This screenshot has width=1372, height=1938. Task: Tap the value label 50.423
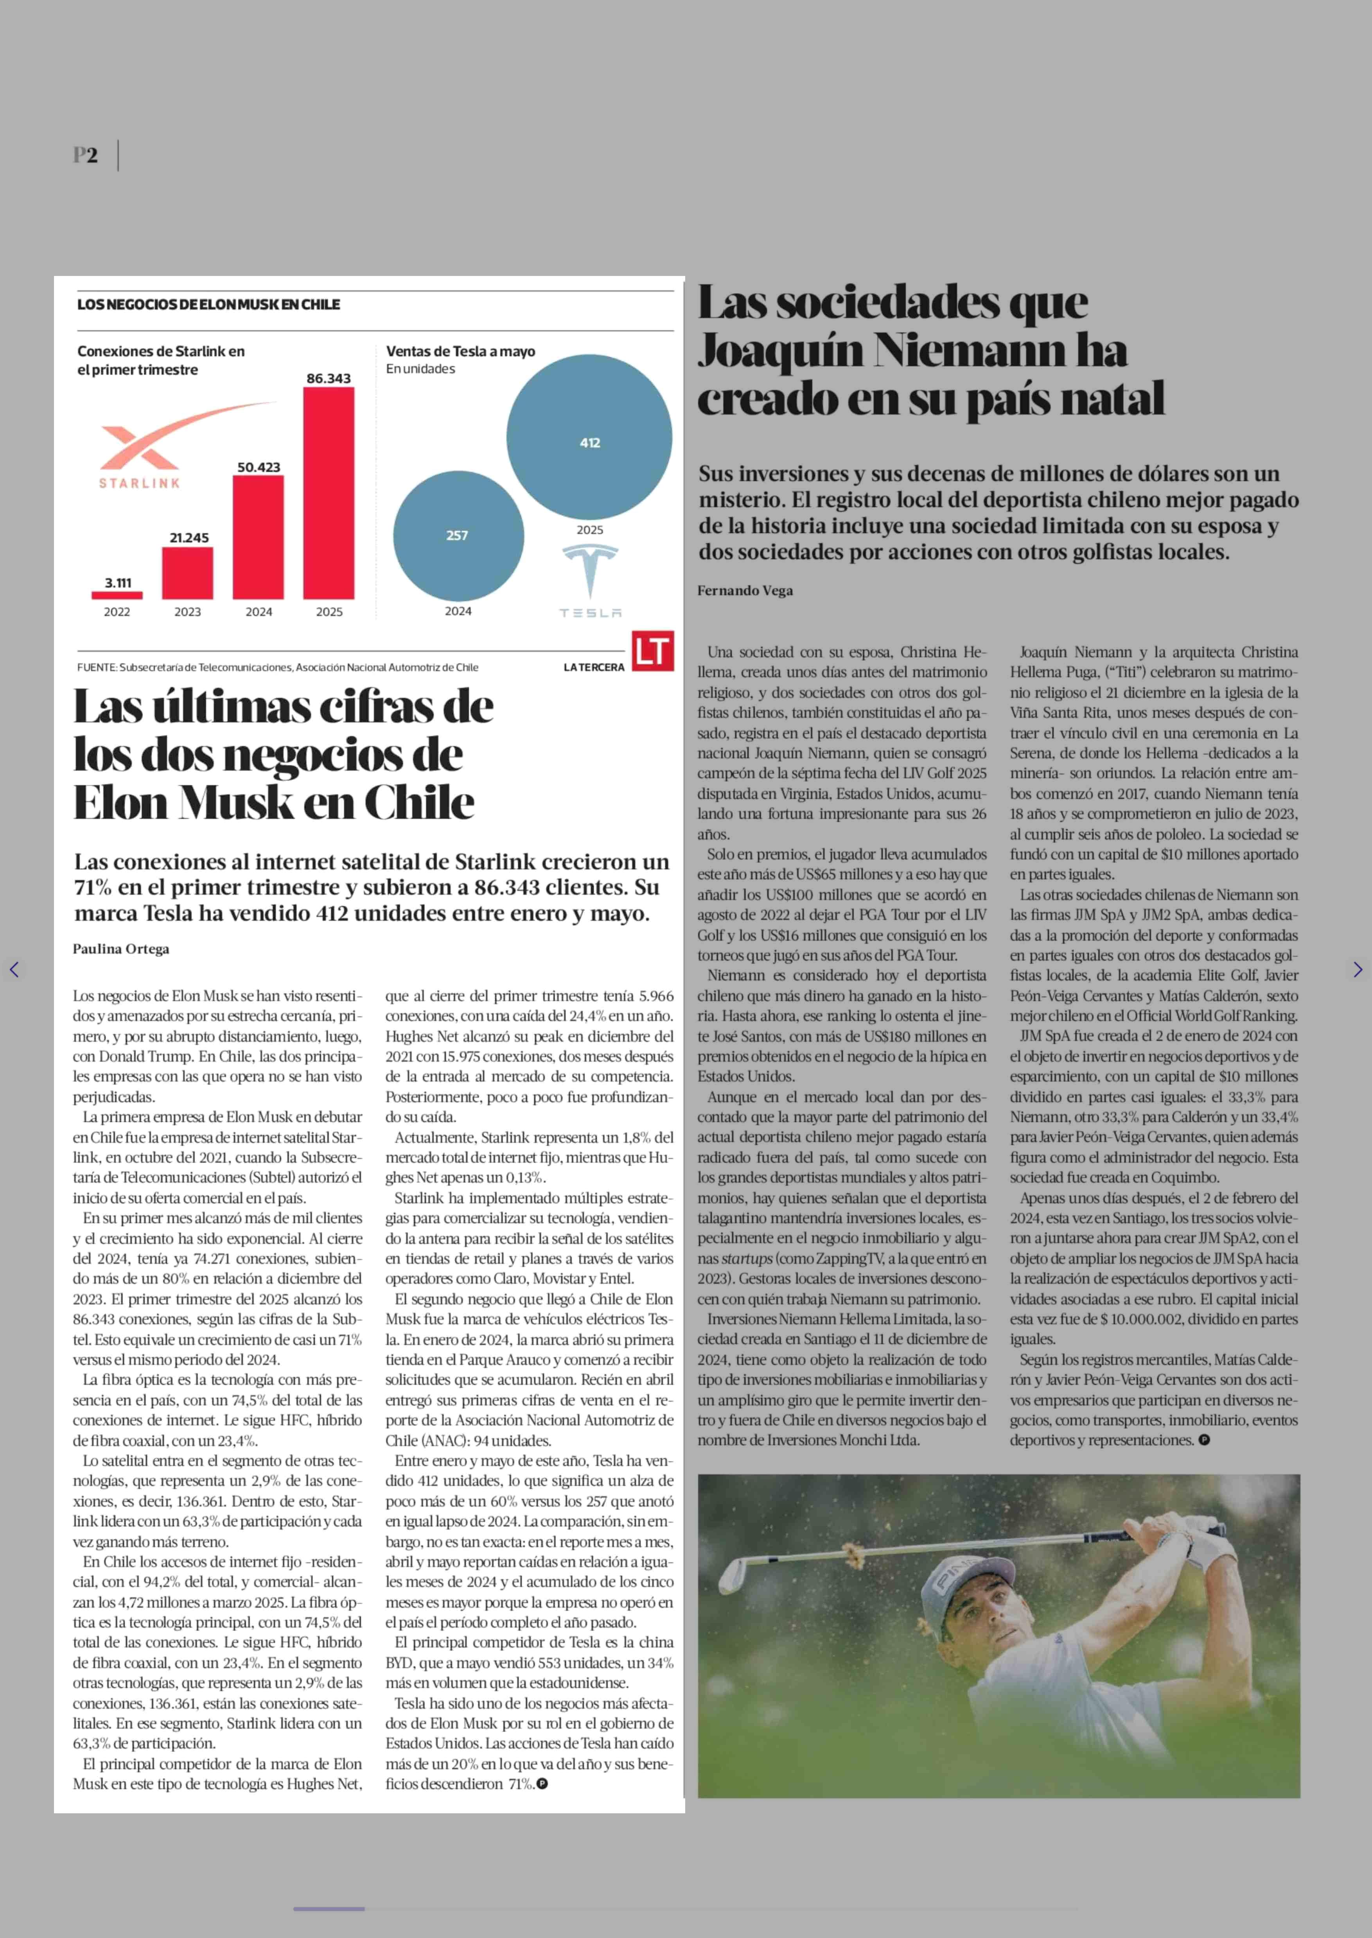(259, 467)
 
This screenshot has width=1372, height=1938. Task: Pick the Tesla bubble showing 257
(458, 536)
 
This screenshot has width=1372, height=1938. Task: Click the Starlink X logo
(139, 448)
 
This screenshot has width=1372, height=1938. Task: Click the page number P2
(85, 156)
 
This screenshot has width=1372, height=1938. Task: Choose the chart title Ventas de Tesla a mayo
(460, 351)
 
